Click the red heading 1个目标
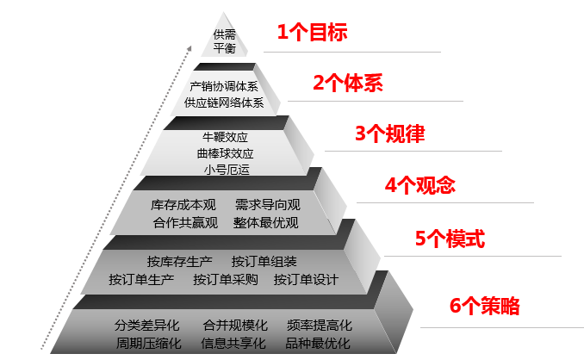pos(311,34)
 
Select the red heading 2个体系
pos(347,84)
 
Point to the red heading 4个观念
pos(419,185)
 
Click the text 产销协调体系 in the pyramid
pos(224,86)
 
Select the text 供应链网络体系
pos(224,103)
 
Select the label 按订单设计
pos(306,280)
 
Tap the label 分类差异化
pos(146,326)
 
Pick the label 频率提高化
pos(320,326)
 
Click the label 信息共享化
pos(233,344)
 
